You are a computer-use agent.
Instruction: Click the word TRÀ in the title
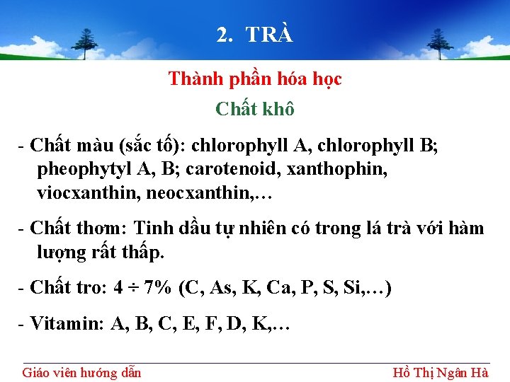pyautogui.click(x=269, y=35)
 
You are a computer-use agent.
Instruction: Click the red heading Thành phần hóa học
pyautogui.click(x=255, y=79)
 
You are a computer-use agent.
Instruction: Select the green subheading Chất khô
pyautogui.click(x=255, y=109)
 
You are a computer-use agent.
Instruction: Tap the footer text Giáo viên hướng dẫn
pyautogui.click(x=81, y=372)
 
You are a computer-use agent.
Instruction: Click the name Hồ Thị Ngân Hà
pyautogui.click(x=441, y=372)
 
